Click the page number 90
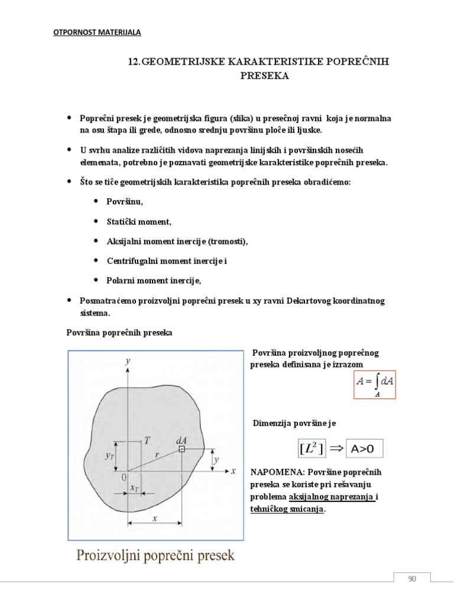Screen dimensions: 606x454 [412, 579]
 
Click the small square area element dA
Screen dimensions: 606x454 [182, 450]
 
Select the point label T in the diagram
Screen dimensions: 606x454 [147, 440]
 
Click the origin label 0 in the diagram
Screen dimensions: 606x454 [124, 476]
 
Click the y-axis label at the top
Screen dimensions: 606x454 [128, 360]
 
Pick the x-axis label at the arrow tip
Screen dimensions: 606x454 [234, 471]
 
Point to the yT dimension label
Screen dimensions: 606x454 [109, 456]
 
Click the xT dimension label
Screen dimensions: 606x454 [135, 488]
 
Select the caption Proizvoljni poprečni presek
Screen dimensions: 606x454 [155, 556]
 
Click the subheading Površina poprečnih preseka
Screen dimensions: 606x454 [119, 333]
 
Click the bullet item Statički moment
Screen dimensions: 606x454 [139, 222]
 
